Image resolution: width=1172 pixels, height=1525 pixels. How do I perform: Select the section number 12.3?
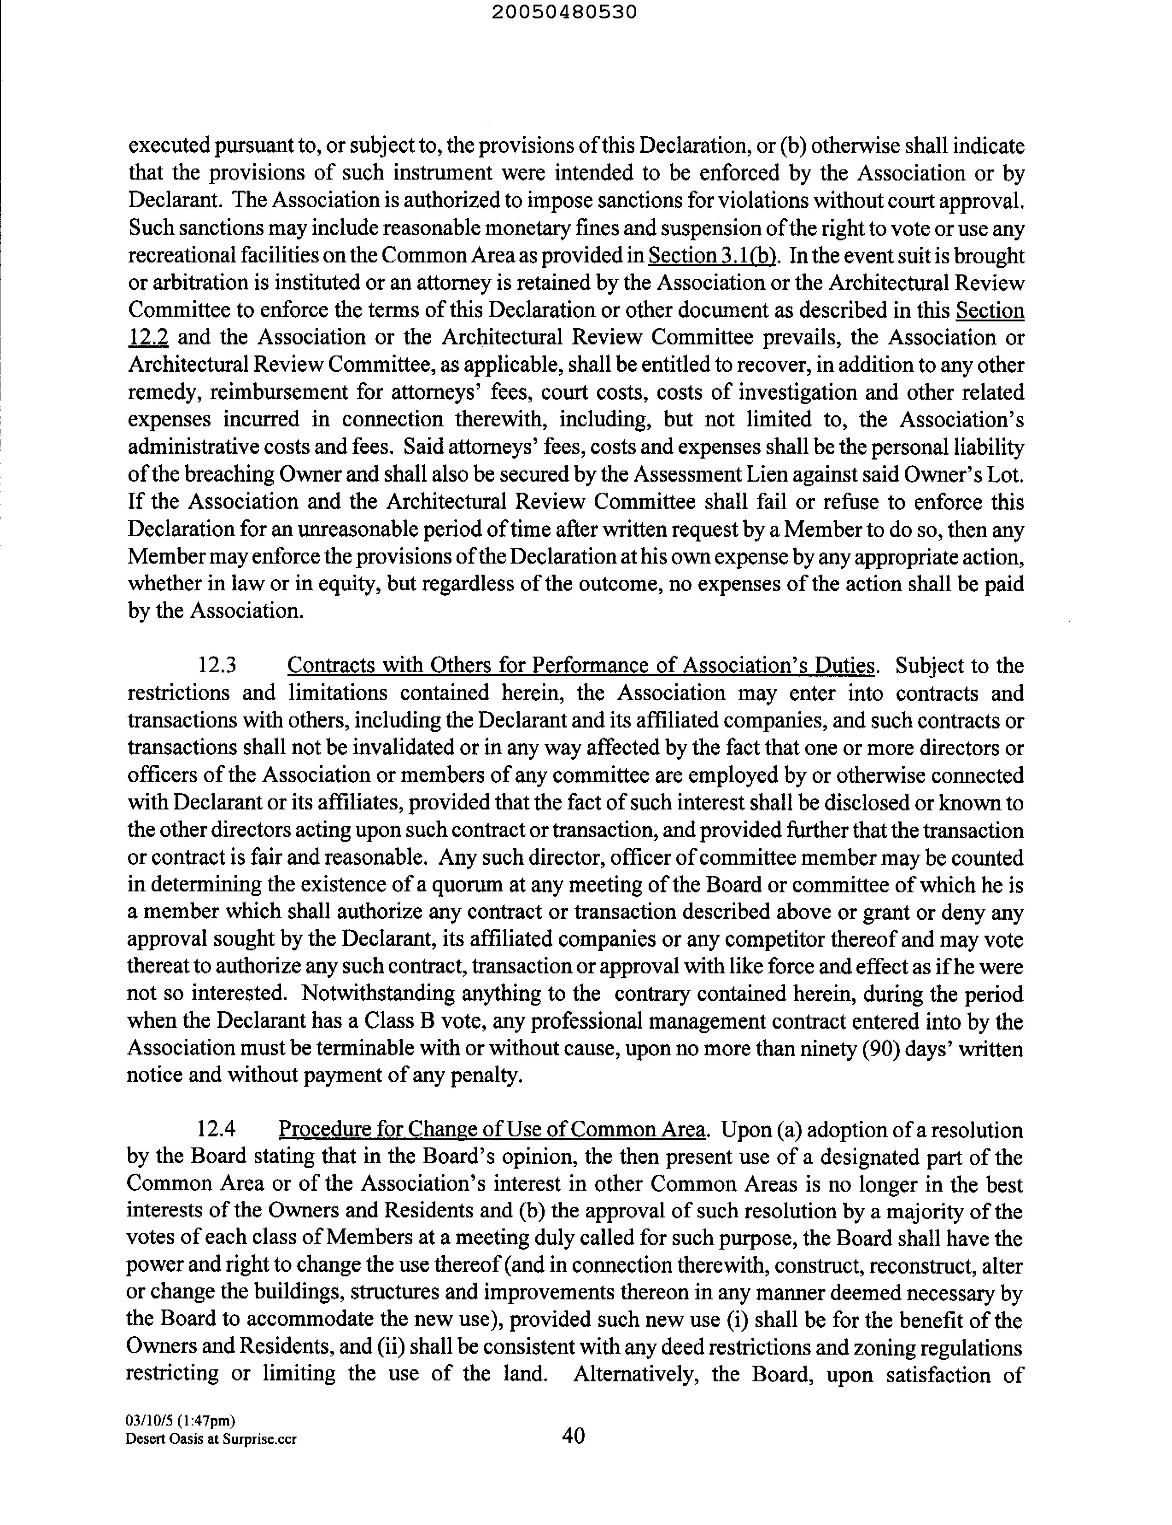point(217,665)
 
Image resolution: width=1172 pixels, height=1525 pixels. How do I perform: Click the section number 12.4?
point(217,1129)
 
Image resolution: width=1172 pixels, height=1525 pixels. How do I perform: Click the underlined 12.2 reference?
point(148,338)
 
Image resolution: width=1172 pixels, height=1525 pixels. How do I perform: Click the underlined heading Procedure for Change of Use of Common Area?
point(493,1129)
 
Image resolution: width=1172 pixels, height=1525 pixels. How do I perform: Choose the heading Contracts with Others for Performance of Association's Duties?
point(580,665)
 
